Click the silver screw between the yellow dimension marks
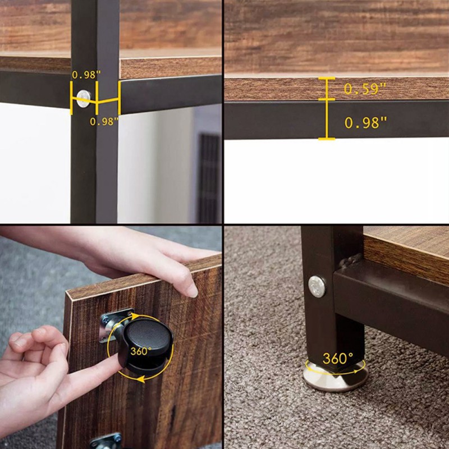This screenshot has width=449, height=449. tap(84, 99)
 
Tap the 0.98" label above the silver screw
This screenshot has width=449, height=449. tap(86, 75)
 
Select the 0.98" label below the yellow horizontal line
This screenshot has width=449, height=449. tap(104, 121)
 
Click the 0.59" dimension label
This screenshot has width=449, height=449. tap(365, 89)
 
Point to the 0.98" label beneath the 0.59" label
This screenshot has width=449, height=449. tap(366, 122)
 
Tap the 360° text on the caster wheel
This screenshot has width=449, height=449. tap(141, 351)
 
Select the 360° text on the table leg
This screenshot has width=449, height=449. tap(338, 358)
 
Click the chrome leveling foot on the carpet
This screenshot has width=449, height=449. tap(336, 377)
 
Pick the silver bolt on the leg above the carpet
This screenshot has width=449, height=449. tap(317, 287)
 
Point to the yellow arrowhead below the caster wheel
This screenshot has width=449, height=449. tap(140, 380)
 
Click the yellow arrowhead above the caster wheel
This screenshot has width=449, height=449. tap(135, 316)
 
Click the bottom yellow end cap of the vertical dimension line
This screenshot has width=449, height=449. tap(327, 139)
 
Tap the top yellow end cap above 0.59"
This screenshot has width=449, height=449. tap(327, 78)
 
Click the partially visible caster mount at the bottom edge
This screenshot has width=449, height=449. tap(107, 441)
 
